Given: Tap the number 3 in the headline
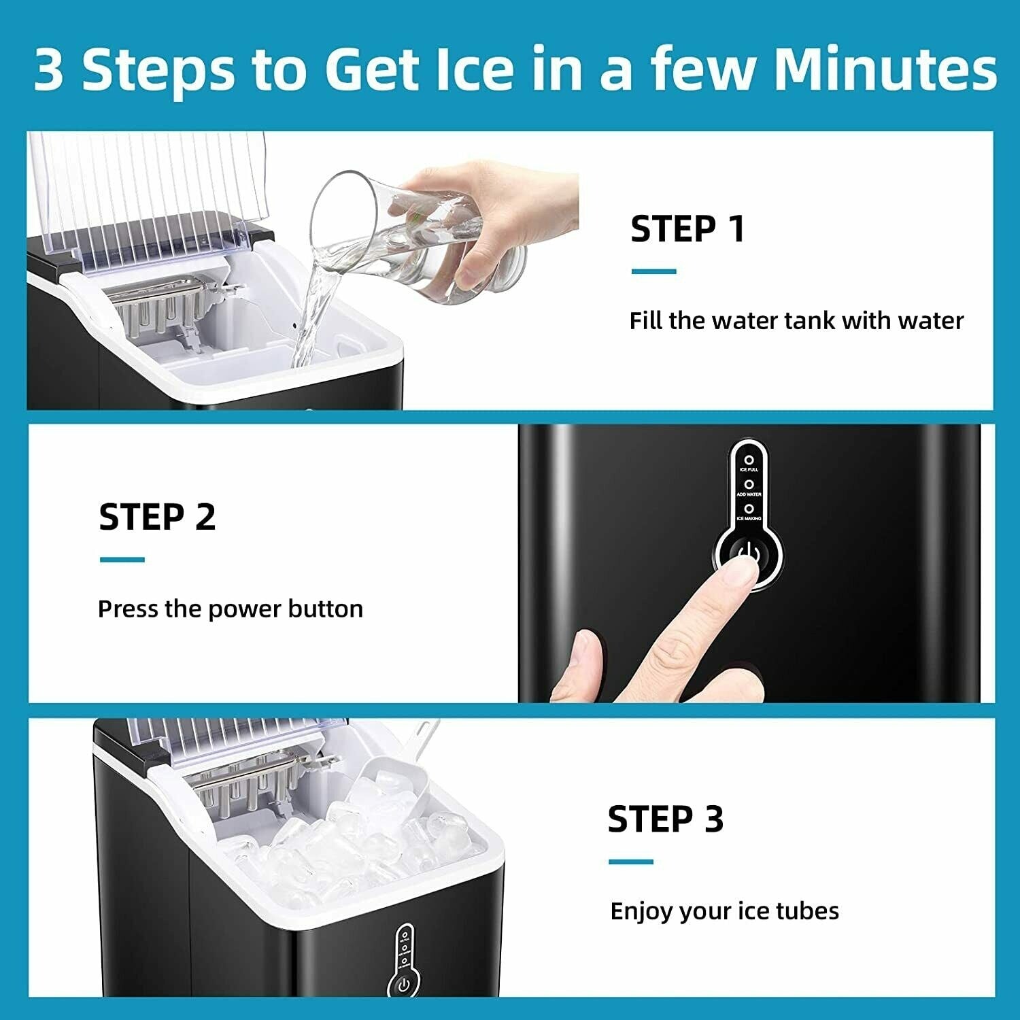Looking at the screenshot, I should click(49, 69).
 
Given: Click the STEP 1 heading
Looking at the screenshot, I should click(687, 228).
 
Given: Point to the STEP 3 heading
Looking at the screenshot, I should click(665, 819).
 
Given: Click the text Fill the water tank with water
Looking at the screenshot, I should click(796, 320).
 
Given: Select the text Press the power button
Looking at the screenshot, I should click(230, 609).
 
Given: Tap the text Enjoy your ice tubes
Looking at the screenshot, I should click(724, 911).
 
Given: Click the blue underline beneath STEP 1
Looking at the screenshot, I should click(653, 271).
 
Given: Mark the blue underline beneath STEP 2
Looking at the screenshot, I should click(122, 560).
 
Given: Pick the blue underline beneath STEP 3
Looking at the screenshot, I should click(631, 862).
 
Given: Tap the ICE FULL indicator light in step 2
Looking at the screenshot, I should click(749, 460).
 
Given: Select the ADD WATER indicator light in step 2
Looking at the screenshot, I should click(749, 485).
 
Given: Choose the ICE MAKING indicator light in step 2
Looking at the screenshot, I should click(749, 509).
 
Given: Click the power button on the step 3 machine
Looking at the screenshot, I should click(403, 985).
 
